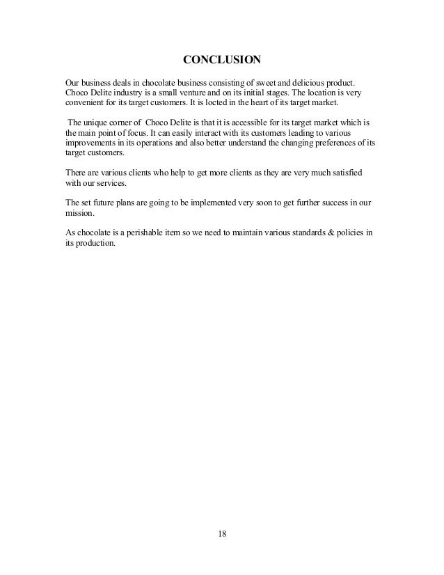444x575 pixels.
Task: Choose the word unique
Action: (94, 123)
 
